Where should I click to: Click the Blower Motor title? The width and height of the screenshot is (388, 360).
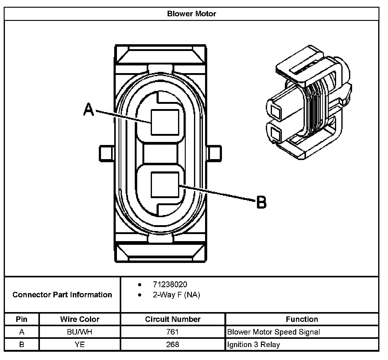click(192, 14)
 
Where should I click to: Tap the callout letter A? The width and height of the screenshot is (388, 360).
click(89, 110)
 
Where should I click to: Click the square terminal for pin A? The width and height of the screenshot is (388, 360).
click(165, 122)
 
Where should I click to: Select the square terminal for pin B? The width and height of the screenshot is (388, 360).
click(165, 184)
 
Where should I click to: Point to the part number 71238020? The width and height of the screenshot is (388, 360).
click(170, 284)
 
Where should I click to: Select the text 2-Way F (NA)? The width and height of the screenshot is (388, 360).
click(176, 295)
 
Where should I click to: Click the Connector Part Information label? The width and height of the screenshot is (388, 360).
click(62, 295)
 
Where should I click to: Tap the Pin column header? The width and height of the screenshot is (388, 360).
click(21, 319)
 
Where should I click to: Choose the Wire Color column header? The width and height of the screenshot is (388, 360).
click(80, 319)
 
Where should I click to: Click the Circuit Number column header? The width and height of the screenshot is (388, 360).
click(173, 319)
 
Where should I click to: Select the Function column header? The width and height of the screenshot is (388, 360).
click(302, 319)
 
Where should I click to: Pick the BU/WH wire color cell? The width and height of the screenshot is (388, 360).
click(80, 332)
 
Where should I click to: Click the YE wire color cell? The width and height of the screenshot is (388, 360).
click(80, 344)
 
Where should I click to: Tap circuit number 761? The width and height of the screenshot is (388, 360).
click(173, 332)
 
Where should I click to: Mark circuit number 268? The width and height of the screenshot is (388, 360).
click(173, 344)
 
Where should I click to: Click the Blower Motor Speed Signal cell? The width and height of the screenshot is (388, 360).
click(274, 332)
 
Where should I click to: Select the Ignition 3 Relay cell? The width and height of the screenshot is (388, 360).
click(254, 344)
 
